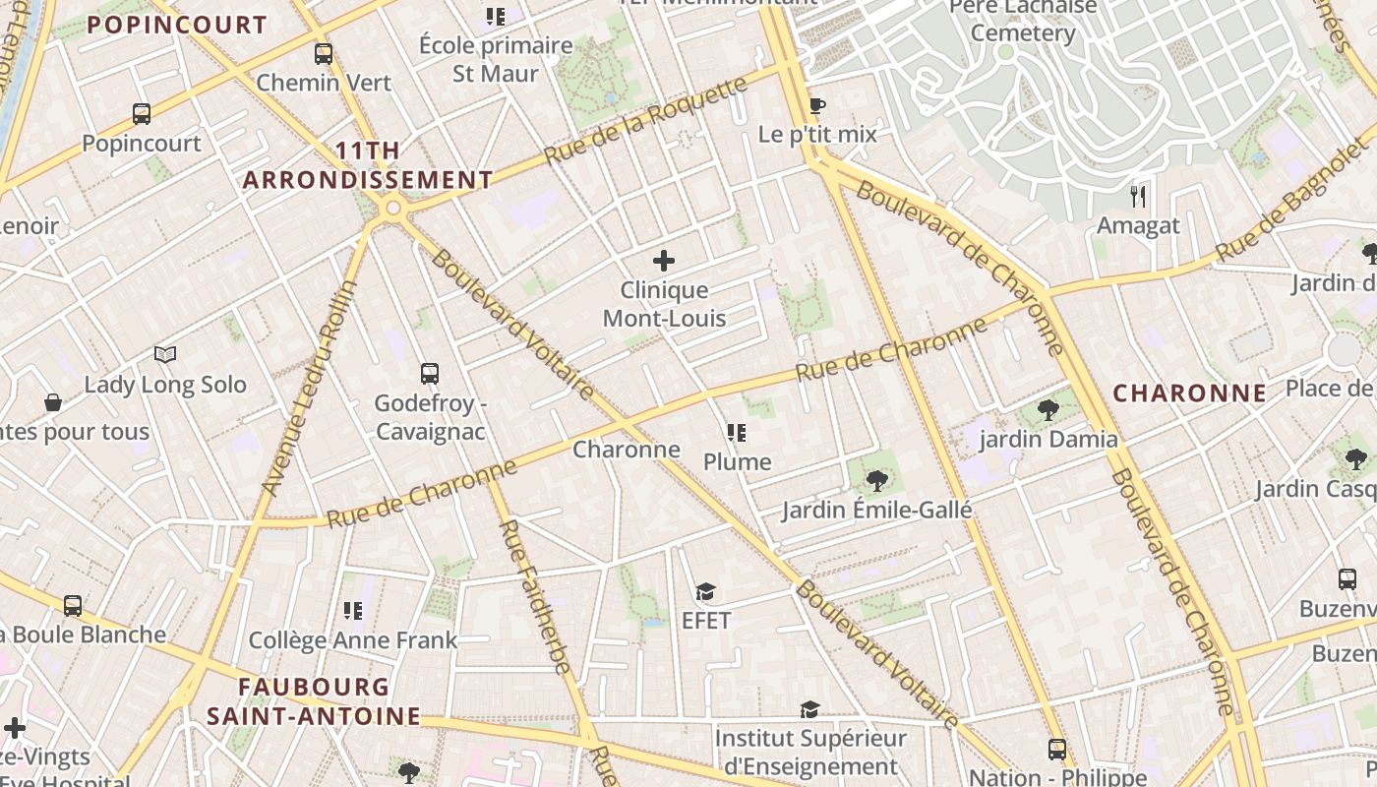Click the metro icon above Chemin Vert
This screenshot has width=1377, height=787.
point(324,54)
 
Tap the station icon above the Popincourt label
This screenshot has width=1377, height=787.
point(142,114)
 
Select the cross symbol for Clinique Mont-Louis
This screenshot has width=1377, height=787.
point(664,261)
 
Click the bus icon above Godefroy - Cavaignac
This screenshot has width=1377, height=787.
point(430,374)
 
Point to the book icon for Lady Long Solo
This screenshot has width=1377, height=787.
point(165,354)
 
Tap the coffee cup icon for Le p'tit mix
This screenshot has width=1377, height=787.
point(816,105)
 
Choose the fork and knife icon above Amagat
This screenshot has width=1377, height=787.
point(1138,197)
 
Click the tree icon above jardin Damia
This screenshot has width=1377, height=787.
point(1048,409)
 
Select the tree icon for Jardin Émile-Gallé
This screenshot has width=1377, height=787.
point(876,481)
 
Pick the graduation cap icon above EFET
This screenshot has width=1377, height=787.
point(705,591)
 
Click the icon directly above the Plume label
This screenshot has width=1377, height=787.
point(737,433)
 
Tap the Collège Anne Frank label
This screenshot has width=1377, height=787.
point(353,640)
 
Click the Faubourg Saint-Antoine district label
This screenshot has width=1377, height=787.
point(314,701)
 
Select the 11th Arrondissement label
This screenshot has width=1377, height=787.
point(368,165)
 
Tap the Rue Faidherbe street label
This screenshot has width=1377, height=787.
point(535,596)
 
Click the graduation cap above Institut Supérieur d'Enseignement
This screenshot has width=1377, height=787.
point(809,709)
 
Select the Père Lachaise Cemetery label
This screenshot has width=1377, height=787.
point(1023,20)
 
